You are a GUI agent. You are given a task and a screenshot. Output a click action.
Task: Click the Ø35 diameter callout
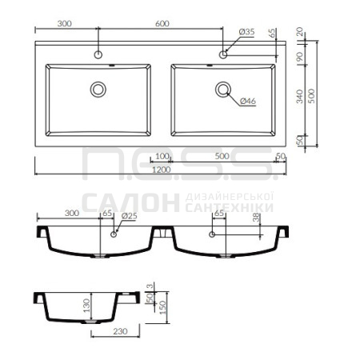point(246,32)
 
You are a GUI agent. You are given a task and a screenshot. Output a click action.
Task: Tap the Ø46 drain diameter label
point(248,101)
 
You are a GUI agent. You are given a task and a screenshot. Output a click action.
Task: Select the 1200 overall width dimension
point(162,170)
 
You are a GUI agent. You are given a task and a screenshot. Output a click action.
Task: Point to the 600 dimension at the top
point(162,23)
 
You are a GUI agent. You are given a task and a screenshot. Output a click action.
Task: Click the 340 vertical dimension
point(300,96)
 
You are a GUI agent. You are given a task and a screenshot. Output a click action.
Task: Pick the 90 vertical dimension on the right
point(300,57)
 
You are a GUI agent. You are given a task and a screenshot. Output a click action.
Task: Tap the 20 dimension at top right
point(300,31)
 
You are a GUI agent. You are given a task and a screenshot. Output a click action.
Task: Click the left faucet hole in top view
point(98,55)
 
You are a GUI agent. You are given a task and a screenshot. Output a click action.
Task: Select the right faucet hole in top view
point(223,54)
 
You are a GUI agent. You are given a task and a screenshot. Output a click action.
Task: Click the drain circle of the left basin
point(98,90)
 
